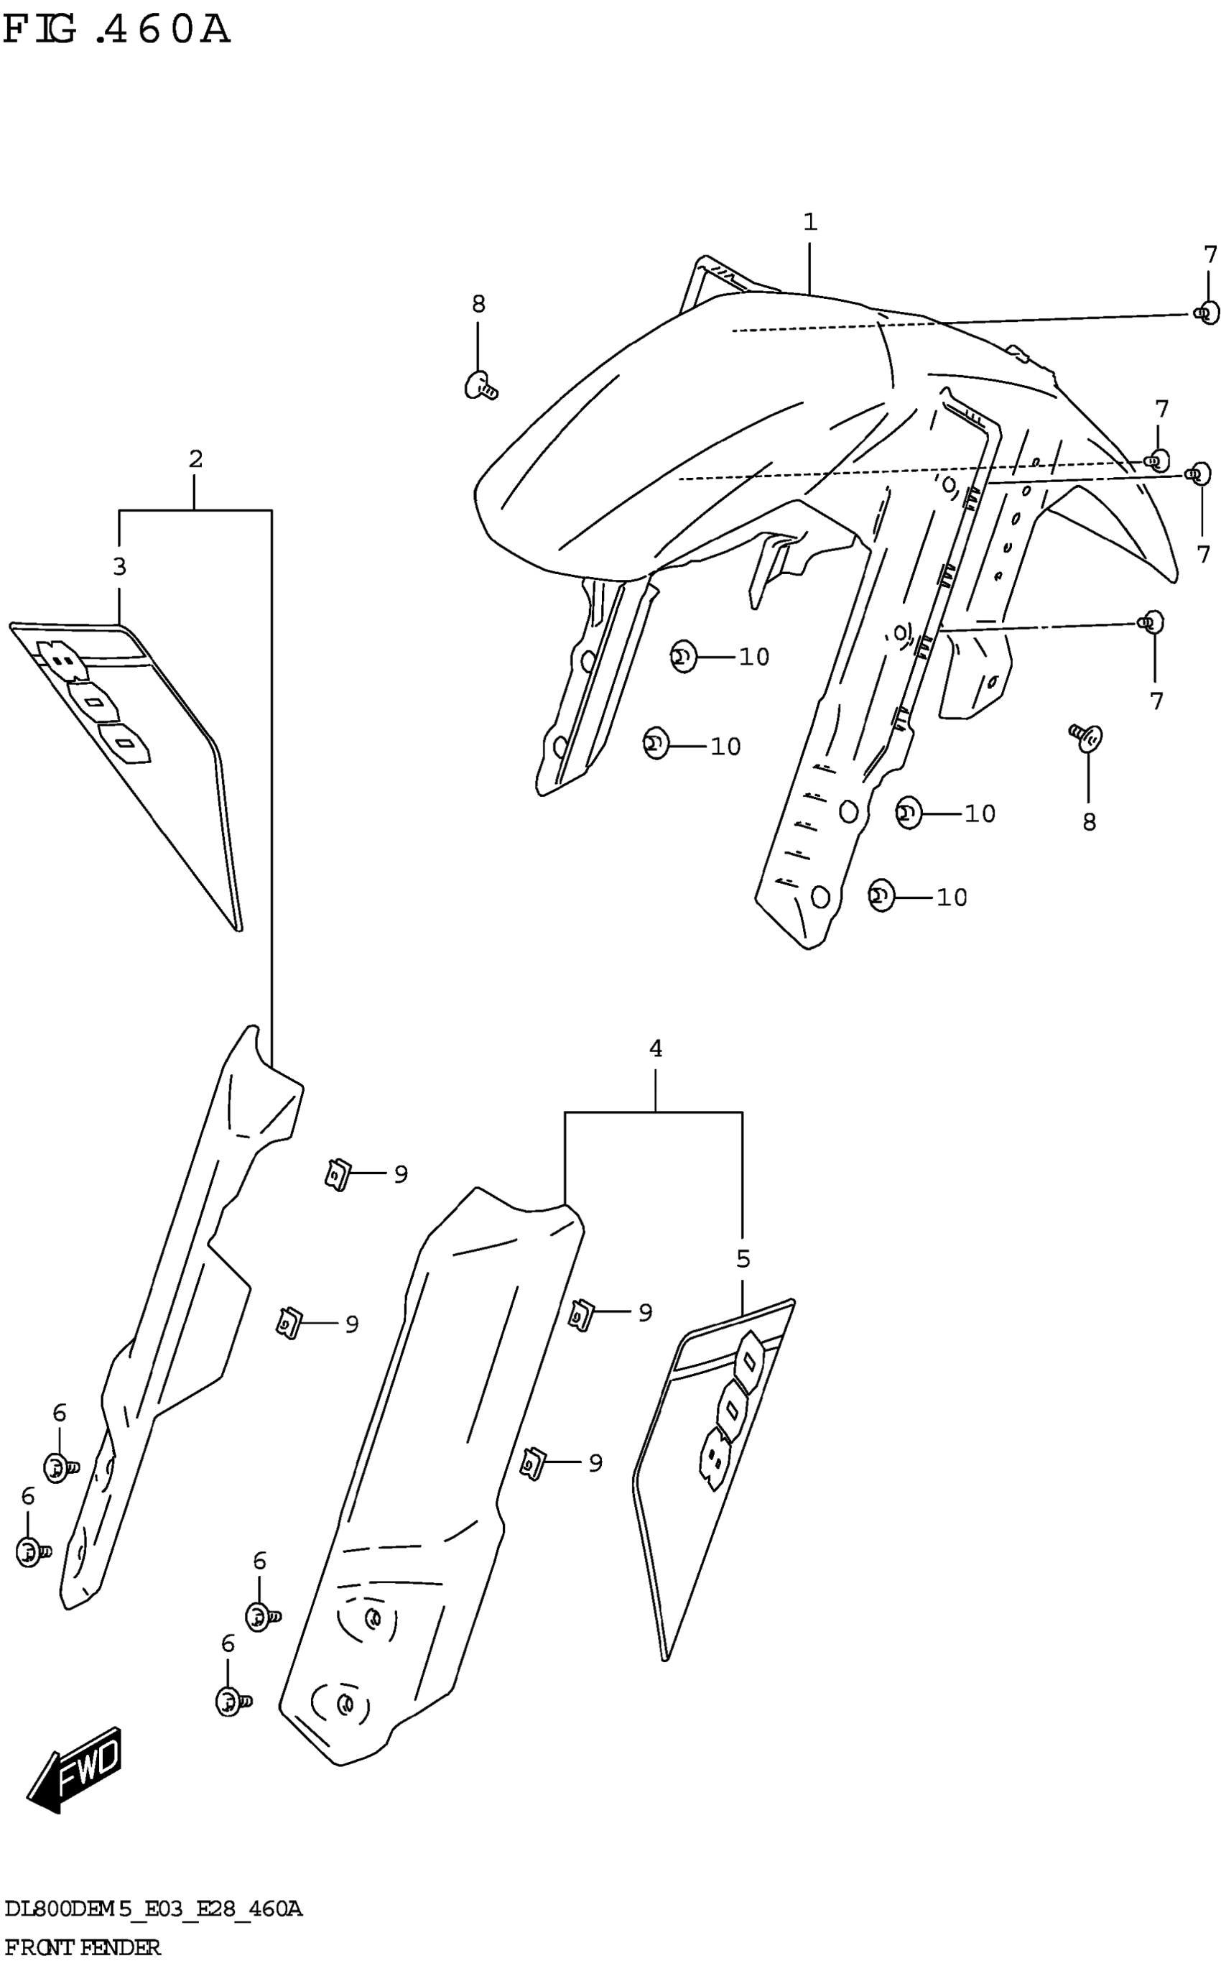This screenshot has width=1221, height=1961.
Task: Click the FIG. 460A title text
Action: pos(117,31)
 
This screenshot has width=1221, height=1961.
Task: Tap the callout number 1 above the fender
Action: pos(810,221)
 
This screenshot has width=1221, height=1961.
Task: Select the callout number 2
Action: pos(195,458)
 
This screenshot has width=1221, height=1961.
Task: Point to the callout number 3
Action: pos(119,567)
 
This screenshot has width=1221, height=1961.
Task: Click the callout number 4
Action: pos(656,1048)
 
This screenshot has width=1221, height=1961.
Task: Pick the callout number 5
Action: pos(743,1258)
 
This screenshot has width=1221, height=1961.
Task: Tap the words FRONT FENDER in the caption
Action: pos(83,1947)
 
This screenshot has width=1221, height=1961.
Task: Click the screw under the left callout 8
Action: pos(480,385)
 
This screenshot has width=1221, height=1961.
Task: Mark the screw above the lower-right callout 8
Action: pos(1087,737)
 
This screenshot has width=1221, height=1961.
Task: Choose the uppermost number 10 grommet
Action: pos(683,657)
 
